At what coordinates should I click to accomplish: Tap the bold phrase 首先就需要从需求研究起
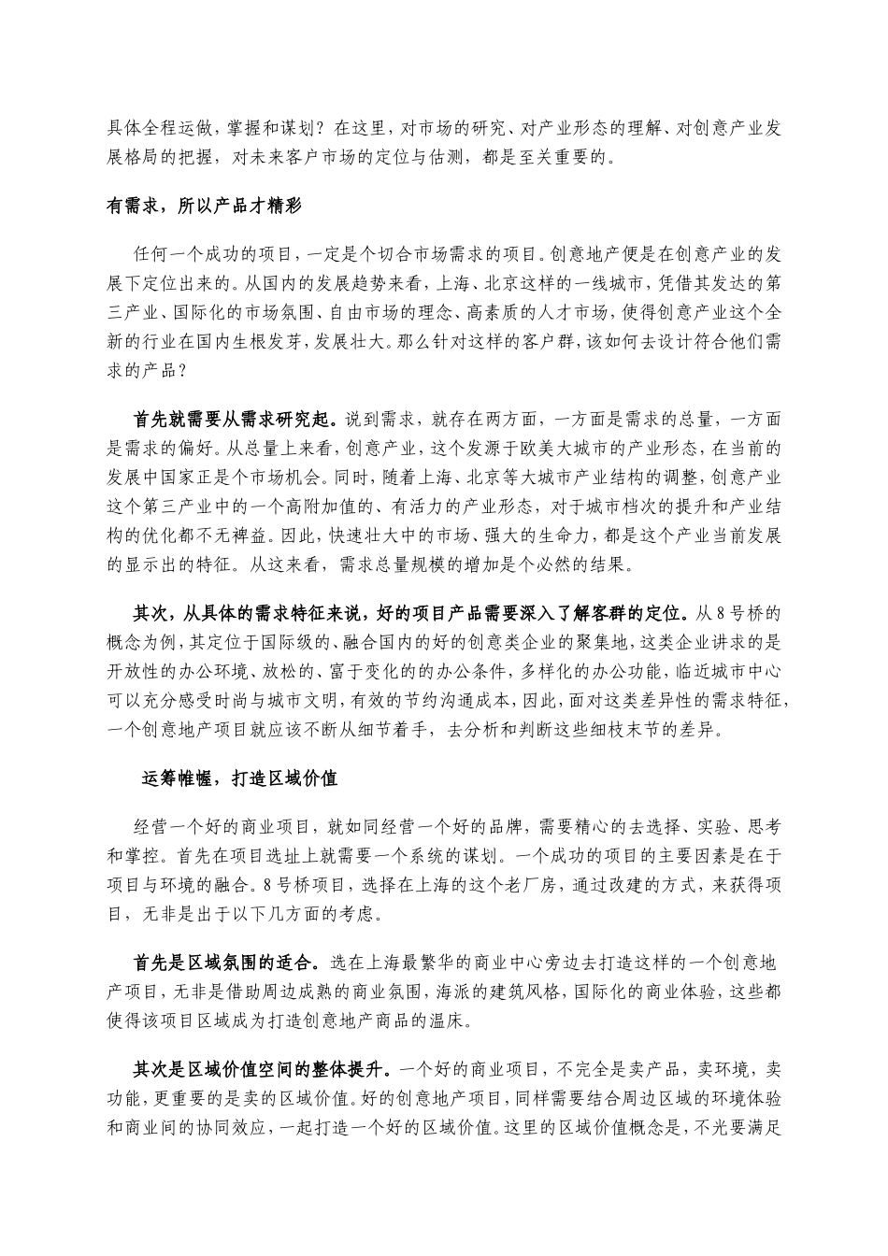(x=237, y=418)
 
